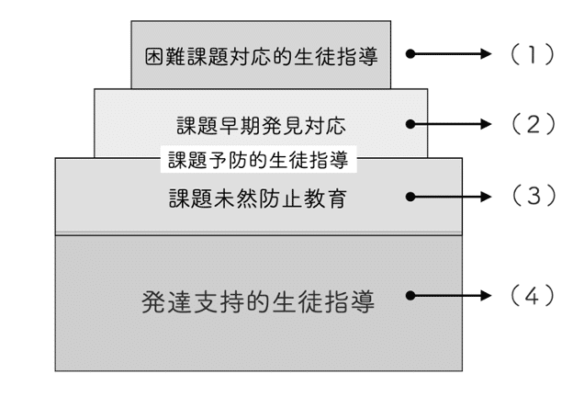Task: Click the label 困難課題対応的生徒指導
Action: click(262, 55)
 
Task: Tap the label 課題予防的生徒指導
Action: click(257, 160)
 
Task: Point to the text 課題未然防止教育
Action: click(257, 198)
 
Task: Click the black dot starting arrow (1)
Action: click(410, 54)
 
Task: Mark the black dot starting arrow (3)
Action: click(410, 196)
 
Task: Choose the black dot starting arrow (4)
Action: click(410, 296)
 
